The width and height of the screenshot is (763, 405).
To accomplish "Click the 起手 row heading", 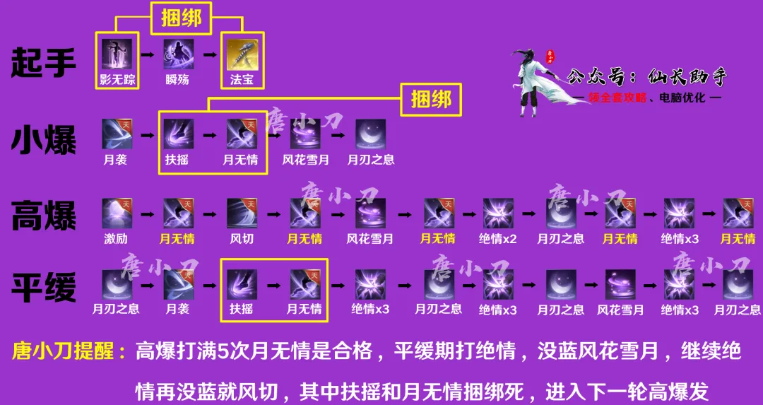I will [x=44, y=62].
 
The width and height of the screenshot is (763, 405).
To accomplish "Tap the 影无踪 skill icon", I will [x=117, y=54].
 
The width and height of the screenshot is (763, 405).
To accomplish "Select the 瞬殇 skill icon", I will [x=179, y=54].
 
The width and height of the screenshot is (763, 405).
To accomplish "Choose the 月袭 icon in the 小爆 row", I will [x=117, y=134].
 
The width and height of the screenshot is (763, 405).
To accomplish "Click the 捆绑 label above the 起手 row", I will [x=181, y=19].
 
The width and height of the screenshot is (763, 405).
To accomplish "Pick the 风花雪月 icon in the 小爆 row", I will [x=304, y=134].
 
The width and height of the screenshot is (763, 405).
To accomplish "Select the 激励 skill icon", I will [x=117, y=213].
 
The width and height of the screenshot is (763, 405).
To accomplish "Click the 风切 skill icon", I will [x=242, y=213].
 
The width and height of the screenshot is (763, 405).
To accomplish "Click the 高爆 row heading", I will [x=44, y=216].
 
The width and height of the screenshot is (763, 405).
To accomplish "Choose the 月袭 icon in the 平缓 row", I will [x=179, y=284].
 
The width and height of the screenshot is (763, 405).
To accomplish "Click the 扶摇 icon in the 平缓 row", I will [x=242, y=284].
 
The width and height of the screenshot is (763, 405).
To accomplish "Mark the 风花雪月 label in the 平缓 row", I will [x=620, y=310].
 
